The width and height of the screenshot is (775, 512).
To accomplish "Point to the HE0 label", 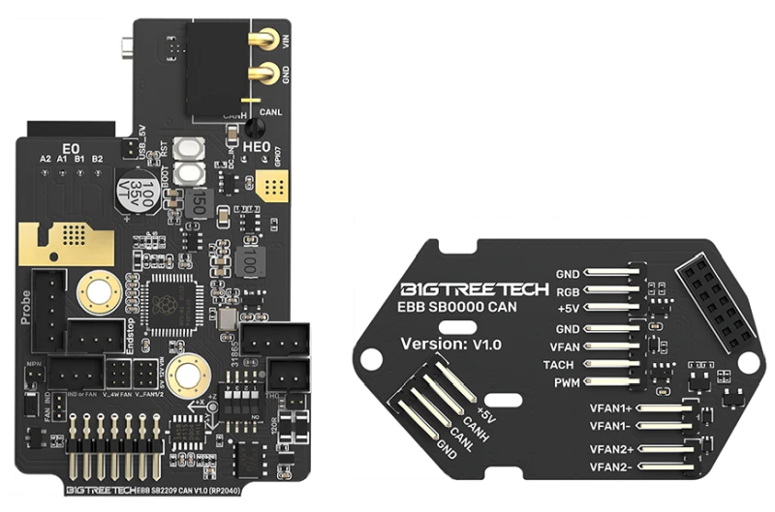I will click(256, 147).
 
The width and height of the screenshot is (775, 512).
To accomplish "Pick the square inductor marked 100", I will click(247, 258).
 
